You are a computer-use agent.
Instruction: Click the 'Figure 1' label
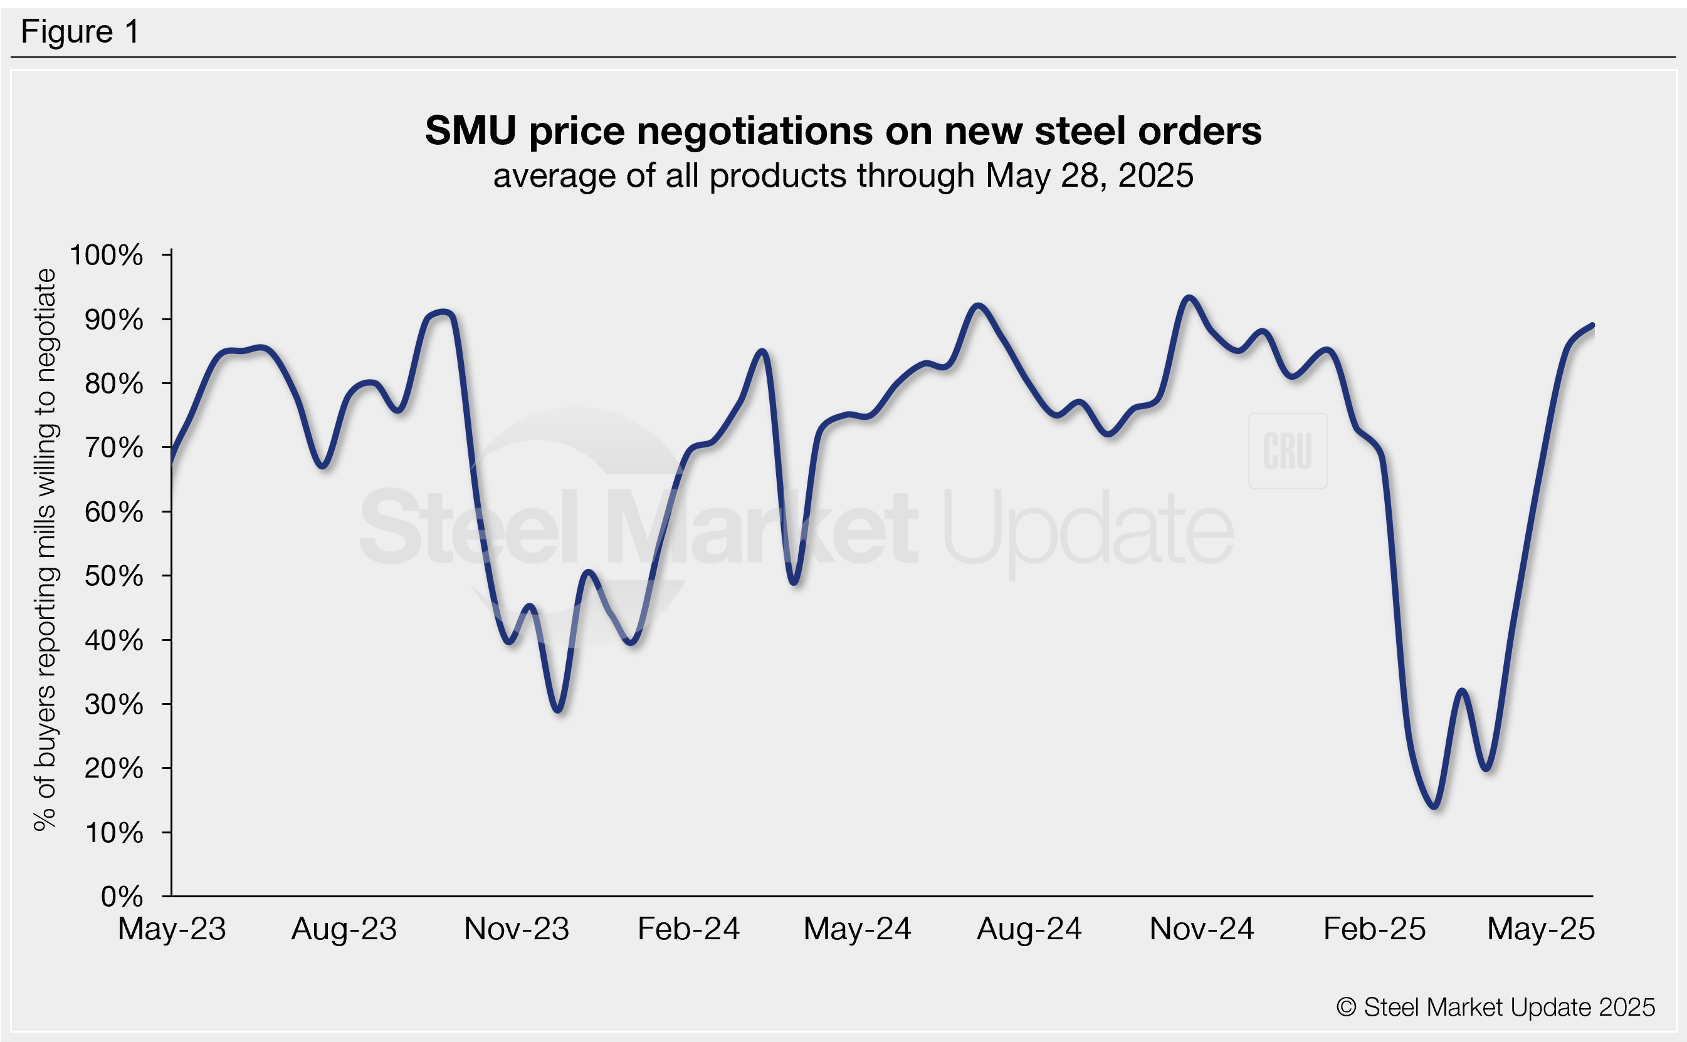(x=80, y=32)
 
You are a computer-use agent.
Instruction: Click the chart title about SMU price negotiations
(x=843, y=130)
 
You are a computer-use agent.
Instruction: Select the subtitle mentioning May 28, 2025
(x=843, y=175)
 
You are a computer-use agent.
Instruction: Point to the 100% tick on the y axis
(x=106, y=255)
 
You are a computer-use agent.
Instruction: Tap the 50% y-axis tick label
(x=113, y=576)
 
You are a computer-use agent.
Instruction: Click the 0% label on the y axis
(x=122, y=897)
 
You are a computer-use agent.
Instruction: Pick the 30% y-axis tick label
(x=113, y=704)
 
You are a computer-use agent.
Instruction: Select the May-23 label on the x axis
(x=172, y=929)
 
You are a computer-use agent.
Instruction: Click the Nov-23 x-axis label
(x=517, y=929)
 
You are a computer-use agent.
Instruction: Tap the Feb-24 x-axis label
(x=688, y=929)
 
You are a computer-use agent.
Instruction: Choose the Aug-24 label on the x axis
(x=1029, y=929)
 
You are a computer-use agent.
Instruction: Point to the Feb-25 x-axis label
(x=1374, y=929)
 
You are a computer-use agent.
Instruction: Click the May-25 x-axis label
(x=1541, y=929)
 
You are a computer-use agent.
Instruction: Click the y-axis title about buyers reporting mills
(x=46, y=550)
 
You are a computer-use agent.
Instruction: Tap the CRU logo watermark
(x=1287, y=451)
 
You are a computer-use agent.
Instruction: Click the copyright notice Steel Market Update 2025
(x=1495, y=1008)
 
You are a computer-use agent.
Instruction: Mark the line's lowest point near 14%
(x=1435, y=806)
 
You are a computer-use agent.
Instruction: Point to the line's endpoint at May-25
(x=1592, y=325)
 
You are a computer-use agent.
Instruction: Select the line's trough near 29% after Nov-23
(x=559, y=710)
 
